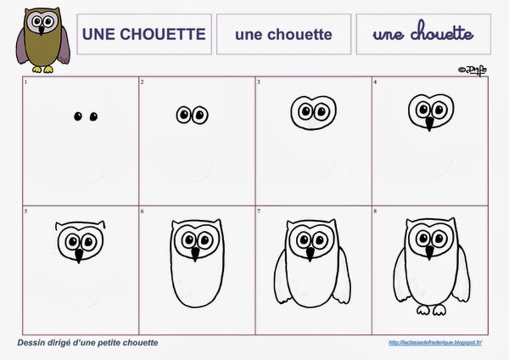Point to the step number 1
[x=26, y=82]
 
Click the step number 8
[x=376, y=210]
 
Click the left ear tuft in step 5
[x=59, y=227]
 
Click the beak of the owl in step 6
[x=195, y=253]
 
